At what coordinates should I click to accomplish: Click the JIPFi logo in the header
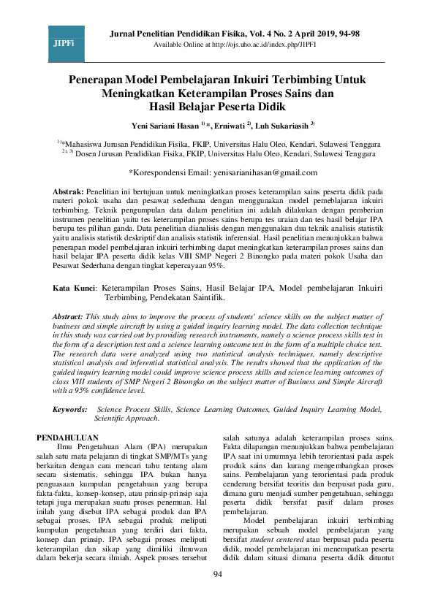point(64,45)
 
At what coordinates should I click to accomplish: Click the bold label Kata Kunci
point(76,289)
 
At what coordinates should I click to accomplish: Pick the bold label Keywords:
point(71,411)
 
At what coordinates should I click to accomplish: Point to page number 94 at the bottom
point(217,595)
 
